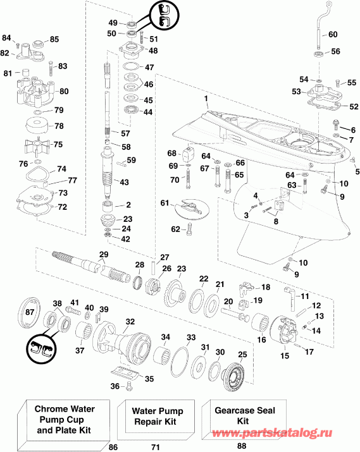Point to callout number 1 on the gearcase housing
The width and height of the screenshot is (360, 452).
point(206,99)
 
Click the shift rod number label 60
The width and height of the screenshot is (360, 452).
point(333,34)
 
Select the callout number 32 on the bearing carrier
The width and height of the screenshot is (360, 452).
point(130,322)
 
